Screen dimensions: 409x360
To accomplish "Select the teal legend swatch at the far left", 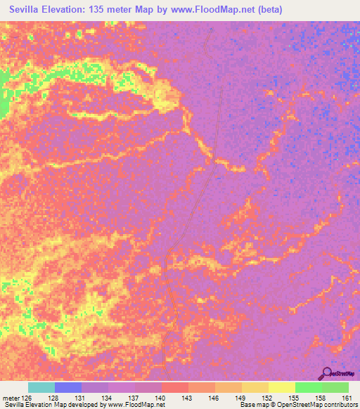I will click(x=41, y=387).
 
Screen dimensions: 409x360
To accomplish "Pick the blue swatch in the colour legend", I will click(x=68, y=387).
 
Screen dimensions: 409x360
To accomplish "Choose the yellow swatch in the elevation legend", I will click(x=282, y=387).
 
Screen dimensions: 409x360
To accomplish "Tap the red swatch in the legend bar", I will click(x=175, y=387).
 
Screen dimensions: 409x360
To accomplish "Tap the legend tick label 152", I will click(x=269, y=398).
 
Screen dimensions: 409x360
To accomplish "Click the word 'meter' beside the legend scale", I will click(x=11, y=398).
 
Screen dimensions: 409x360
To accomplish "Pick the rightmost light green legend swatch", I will click(x=335, y=387).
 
